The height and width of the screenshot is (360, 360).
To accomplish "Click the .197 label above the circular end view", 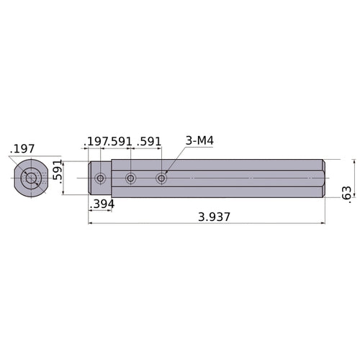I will coord(22,149).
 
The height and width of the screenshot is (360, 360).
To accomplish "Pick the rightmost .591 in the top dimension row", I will coord(149,140).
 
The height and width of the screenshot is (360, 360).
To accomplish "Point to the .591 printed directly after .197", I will coord(120,140).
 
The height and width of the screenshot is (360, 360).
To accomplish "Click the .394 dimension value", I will coord(101,204).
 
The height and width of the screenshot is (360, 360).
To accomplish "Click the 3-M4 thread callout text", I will coord(199,140).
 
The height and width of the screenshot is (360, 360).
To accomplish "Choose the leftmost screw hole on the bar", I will coord(100,178).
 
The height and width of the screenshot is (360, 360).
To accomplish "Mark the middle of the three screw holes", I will coord(130,178).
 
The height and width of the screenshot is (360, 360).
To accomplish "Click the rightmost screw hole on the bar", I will coord(161,178).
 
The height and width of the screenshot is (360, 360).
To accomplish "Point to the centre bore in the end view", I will coord(30,178).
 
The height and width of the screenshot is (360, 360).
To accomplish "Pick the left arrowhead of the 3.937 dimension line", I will coord(91,223).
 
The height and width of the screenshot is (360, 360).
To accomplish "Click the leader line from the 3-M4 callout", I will coord(176,158).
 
